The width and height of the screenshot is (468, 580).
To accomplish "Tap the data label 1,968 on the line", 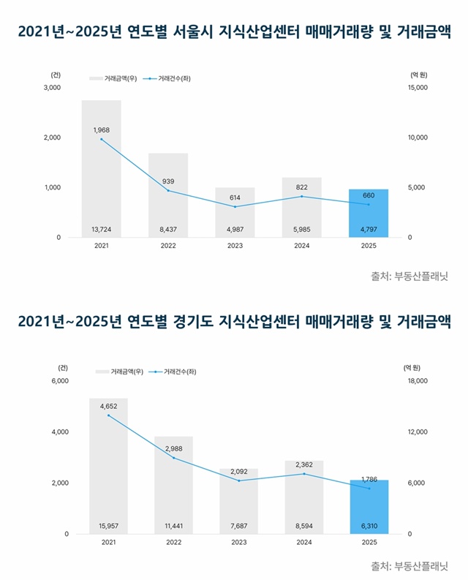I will point(102,129).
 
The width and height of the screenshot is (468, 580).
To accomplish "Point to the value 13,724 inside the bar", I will point(102,229).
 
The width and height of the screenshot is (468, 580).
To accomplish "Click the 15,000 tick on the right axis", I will point(416,88).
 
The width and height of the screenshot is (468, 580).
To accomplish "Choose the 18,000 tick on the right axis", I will point(416,381).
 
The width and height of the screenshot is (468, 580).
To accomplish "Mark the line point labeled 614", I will point(235,207).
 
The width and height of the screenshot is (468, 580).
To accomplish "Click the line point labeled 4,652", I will point(108,415).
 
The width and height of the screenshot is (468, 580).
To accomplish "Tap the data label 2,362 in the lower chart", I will point(303,464).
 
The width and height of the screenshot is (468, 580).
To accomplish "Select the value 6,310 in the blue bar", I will point(369,525).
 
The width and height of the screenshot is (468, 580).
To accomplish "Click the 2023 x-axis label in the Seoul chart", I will point(235,246).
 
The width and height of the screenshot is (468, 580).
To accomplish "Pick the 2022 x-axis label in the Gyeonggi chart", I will point(173,542).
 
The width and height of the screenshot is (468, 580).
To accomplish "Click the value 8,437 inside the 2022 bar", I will point(168,229).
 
